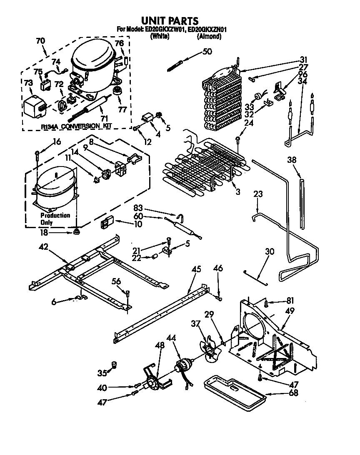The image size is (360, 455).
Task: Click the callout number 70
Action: click(x=40, y=41)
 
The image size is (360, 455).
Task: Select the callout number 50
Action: click(x=207, y=52)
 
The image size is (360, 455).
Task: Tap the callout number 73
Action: click(x=28, y=84)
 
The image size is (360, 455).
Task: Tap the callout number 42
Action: click(x=44, y=247)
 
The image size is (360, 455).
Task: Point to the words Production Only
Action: click(x=55, y=219)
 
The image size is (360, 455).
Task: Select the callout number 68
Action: click(x=293, y=393)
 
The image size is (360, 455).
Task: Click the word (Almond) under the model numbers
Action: click(x=209, y=36)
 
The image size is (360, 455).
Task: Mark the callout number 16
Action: click(x=57, y=142)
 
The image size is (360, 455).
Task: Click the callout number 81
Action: click(x=290, y=301)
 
